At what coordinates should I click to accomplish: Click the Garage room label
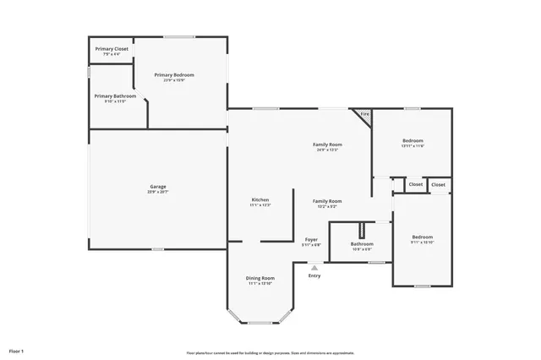[x=157, y=186]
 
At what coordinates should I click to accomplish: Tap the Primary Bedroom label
[x=174, y=74]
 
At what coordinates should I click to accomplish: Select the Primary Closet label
[x=112, y=49]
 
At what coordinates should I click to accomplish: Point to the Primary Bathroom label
[x=115, y=95]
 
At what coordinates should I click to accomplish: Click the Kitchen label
[x=260, y=199]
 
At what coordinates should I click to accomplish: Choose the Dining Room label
[x=261, y=278]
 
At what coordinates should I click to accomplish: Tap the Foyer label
[x=311, y=240]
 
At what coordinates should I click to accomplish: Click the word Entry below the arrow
[x=314, y=275]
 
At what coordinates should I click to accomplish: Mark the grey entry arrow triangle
[x=314, y=267]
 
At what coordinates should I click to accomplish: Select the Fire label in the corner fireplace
[x=365, y=113]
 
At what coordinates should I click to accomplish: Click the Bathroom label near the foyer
[x=362, y=243]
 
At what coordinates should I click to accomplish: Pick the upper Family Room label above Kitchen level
[x=327, y=145]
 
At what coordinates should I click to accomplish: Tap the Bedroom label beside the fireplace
[x=413, y=140]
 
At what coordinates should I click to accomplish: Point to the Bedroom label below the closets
[x=422, y=237]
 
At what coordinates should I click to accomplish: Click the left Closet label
[x=416, y=184]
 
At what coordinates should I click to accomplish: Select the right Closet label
[x=438, y=184]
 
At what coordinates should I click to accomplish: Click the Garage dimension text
[x=157, y=192]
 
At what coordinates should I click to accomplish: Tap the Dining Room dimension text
[x=261, y=284]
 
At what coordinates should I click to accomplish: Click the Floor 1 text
[x=16, y=350]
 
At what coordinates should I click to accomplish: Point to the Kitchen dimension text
[x=260, y=205]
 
